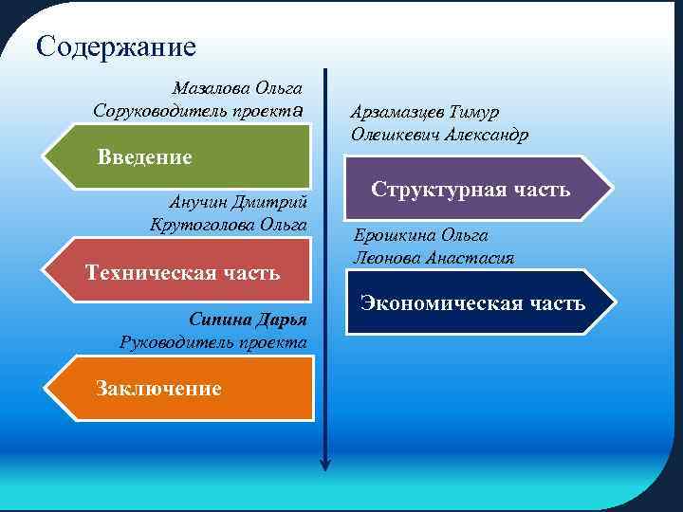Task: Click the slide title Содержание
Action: pos(115,46)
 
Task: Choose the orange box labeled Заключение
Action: pos(180,388)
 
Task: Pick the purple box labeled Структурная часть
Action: pos(471,189)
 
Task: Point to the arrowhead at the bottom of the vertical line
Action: pos(325,463)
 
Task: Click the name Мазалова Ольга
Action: pos(237,88)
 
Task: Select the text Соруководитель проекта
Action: pos(197,110)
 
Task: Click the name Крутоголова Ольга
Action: pos(229,224)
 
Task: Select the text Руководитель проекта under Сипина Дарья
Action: pos(213,341)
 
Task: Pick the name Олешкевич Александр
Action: pos(439,134)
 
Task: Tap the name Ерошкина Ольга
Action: pos(420,235)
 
